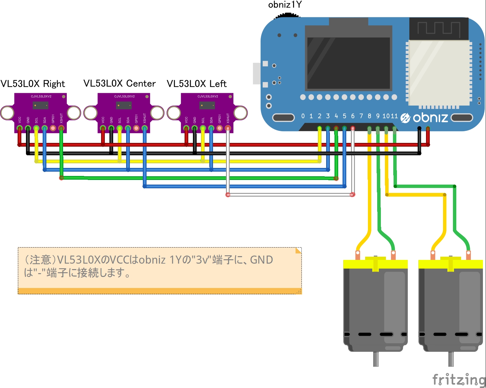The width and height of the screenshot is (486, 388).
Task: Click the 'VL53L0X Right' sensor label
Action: tap(33, 84)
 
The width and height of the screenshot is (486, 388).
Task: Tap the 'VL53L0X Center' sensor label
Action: tap(120, 84)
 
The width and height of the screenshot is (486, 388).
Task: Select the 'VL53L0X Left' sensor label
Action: tap(197, 84)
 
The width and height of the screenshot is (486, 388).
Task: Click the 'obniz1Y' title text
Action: tap(285, 5)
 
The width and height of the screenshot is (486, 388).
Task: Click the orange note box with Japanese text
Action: tap(160, 270)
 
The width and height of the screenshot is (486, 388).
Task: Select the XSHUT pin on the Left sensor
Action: tap(228, 128)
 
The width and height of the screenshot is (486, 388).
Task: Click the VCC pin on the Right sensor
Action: tap(19, 128)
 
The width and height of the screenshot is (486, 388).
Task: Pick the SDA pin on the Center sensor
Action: tap(128, 128)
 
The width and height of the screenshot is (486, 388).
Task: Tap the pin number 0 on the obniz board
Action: tap(303, 116)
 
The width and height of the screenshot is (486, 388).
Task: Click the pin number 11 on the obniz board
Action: tap(394, 116)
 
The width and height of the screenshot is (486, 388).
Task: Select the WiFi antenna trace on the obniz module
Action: tap(439, 28)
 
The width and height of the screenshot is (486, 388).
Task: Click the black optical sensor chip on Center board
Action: tap(124, 106)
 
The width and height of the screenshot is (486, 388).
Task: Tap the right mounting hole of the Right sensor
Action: tap(74, 113)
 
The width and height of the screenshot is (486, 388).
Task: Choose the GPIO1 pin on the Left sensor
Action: tap(220, 128)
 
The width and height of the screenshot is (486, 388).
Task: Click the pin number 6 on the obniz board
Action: tap(353, 116)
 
